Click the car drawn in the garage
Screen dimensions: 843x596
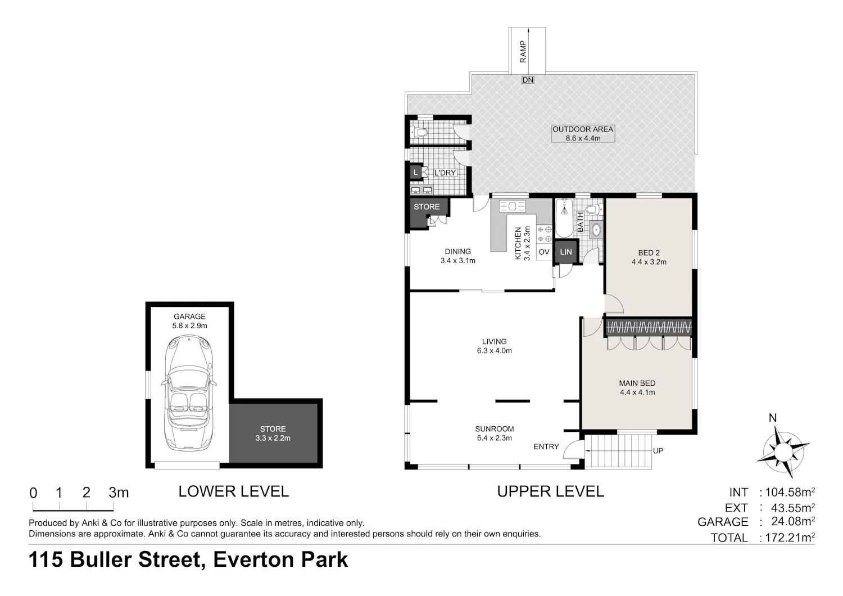pyautogui.click(x=189, y=392)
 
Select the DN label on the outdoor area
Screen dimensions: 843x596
pyautogui.click(x=528, y=80)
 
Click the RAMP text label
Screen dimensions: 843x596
pyautogui.click(x=523, y=52)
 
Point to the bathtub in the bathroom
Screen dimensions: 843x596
pyautogui.click(x=564, y=218)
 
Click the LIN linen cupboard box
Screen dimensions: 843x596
pyautogui.click(x=565, y=252)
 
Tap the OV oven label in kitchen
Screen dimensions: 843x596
pyautogui.click(x=544, y=252)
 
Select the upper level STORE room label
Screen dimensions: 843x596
pyautogui.click(x=427, y=206)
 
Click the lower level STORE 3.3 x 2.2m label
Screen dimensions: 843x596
pyautogui.click(x=273, y=434)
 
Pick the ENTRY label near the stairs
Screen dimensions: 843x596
pyautogui.click(x=546, y=446)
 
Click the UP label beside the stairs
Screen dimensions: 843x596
pyautogui.click(x=658, y=451)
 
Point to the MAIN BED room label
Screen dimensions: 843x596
pyautogui.click(x=637, y=383)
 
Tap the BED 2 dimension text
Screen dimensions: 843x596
pyautogui.click(x=649, y=262)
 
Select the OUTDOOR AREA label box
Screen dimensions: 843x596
pyautogui.click(x=583, y=133)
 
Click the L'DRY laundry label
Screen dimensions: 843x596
pyautogui.click(x=445, y=173)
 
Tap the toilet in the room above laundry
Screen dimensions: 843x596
pyautogui.click(x=418, y=132)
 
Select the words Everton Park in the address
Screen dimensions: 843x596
pyautogui.click(x=280, y=559)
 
